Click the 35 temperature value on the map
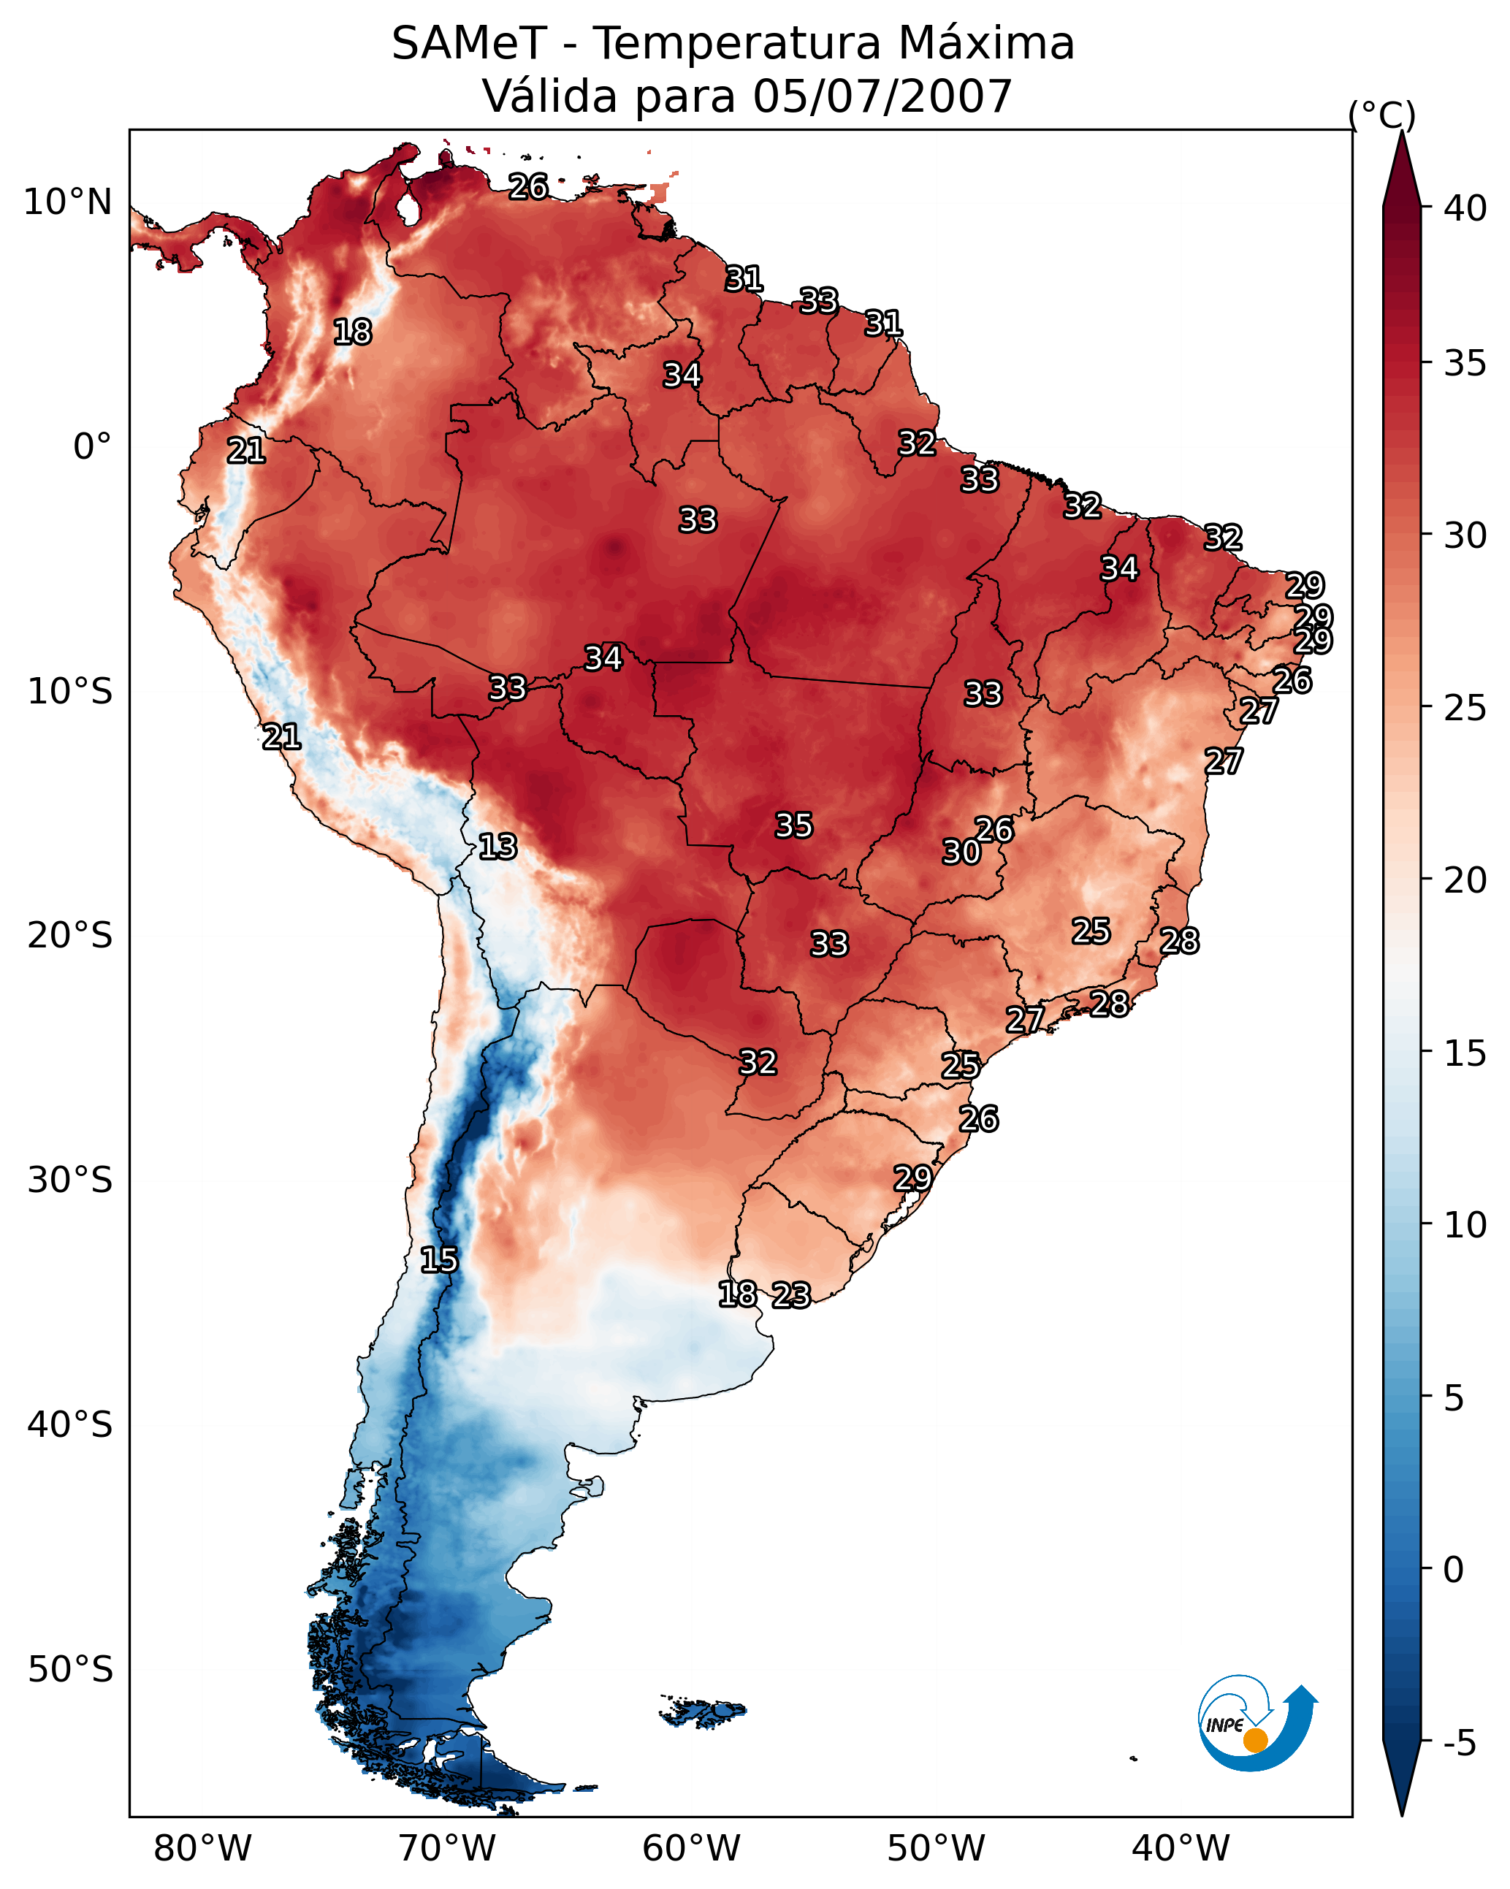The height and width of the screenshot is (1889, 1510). pos(794,825)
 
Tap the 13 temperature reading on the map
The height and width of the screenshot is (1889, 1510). pos(497,847)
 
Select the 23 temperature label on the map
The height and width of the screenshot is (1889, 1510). pos(791,1294)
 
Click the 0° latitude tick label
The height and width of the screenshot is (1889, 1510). pos(93,447)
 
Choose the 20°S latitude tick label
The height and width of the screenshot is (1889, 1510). pos(70,936)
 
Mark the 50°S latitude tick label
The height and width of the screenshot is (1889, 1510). pos(70,1670)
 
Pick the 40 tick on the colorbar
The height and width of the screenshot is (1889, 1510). pos(1465,208)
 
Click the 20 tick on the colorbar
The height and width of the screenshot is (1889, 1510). pos(1465,879)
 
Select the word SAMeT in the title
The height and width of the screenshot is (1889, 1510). pos(469,44)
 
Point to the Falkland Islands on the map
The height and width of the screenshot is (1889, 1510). pos(703,1712)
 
